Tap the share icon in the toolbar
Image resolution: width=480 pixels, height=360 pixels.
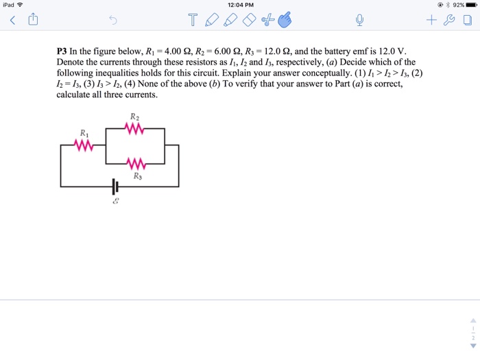click(32, 21)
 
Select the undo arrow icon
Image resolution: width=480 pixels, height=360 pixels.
click(113, 21)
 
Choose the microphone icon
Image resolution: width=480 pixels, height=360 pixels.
click(359, 21)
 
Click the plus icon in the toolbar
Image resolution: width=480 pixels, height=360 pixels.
click(431, 21)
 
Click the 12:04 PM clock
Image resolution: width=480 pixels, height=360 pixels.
click(239, 5)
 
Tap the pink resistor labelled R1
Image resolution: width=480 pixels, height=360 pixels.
click(84, 145)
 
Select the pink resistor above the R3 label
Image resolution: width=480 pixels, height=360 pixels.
click(135, 163)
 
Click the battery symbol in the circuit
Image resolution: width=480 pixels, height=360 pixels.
click(115, 186)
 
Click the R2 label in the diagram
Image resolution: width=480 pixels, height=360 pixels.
click(134, 116)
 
